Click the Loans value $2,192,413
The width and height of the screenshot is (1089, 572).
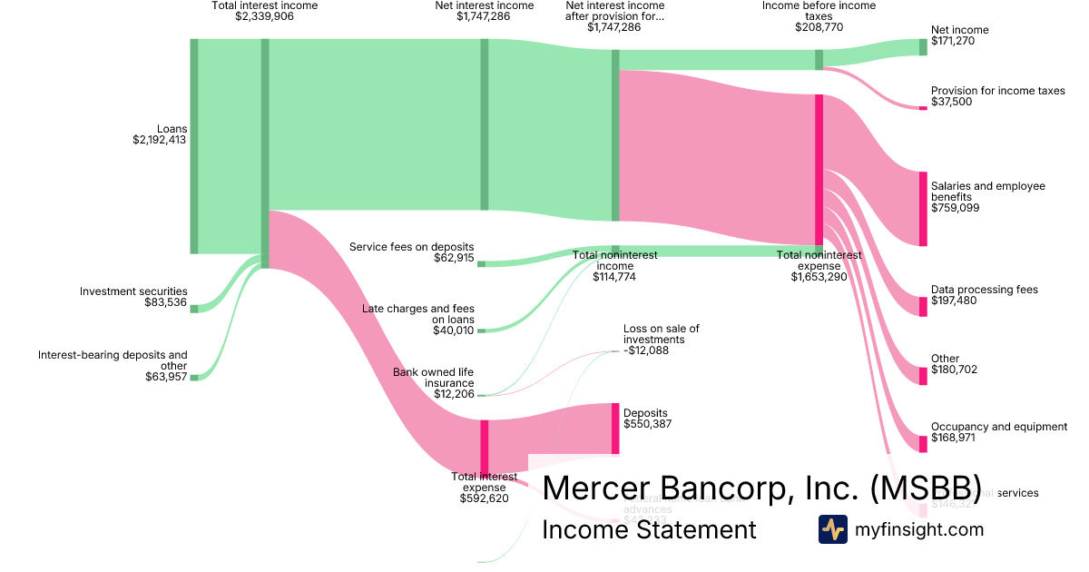(160, 141)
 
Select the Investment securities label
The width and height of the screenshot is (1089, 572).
(133, 291)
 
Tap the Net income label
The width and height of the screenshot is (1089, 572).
(959, 30)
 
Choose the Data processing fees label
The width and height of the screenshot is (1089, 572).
(984, 290)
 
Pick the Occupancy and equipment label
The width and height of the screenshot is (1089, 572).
(998, 427)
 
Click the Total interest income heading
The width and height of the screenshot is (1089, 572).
(264, 5)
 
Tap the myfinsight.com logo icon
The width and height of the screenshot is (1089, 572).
(832, 529)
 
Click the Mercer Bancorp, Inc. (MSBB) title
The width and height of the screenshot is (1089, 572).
(760, 488)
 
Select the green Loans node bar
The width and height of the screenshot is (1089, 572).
(194, 146)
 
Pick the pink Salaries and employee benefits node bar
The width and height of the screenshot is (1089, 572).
(923, 208)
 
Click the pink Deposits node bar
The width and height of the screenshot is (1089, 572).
(615, 429)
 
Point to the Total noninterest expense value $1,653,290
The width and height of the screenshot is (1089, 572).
(819, 277)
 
